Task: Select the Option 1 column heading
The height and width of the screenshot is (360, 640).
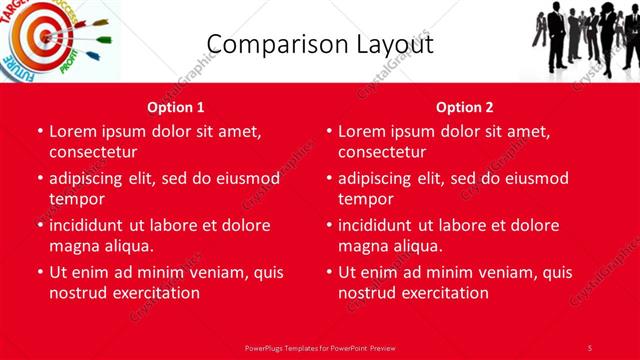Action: [x=176, y=107]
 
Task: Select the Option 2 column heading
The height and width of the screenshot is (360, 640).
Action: [x=465, y=107]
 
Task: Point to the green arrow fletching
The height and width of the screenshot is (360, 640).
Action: [x=100, y=22]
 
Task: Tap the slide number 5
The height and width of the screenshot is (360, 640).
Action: [x=590, y=347]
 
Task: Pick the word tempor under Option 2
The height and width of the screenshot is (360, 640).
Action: [x=362, y=198]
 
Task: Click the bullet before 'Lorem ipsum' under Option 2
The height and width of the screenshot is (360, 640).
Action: [x=328, y=131]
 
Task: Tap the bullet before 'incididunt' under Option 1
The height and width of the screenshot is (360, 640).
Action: [x=39, y=225]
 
